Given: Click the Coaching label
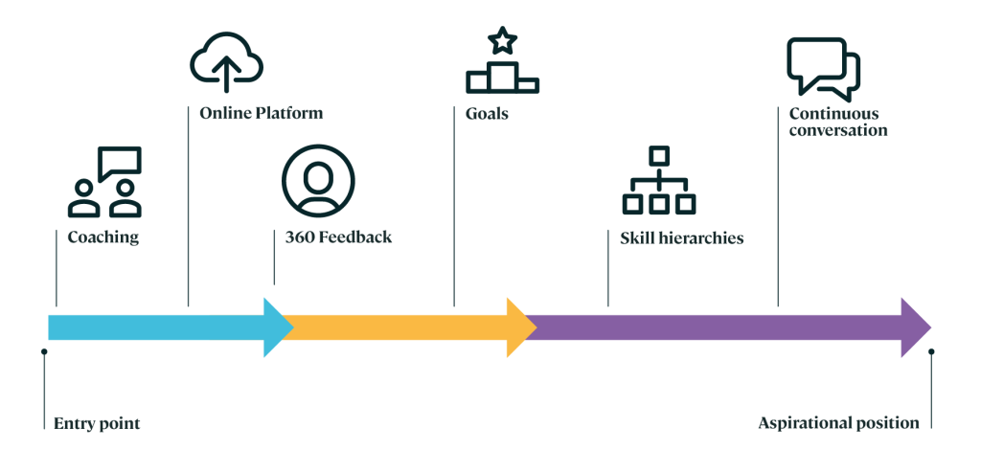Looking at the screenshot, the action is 103,237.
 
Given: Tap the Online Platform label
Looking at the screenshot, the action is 262,113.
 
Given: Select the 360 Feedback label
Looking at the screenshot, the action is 338,237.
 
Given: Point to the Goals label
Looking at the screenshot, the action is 487,114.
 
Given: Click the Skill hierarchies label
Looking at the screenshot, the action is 682,238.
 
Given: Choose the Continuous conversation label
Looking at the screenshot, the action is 838,122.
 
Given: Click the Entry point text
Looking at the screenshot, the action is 97,424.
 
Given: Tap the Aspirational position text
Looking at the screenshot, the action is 839,423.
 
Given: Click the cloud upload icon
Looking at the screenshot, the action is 226,62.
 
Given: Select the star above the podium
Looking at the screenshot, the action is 502,41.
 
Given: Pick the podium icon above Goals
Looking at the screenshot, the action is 502,78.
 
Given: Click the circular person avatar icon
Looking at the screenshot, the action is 318,181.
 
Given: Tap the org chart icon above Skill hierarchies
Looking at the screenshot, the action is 659,180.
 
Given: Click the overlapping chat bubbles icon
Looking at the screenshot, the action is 823,70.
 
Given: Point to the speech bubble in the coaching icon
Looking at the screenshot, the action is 120,162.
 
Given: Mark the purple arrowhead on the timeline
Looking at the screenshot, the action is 916,327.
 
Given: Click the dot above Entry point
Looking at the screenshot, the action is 44,351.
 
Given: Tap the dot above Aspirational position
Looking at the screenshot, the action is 931,351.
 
